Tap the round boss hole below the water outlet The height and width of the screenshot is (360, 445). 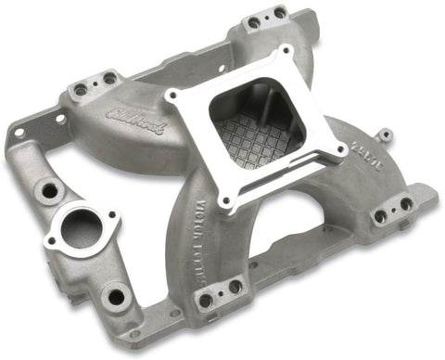(x=115, y=297)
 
